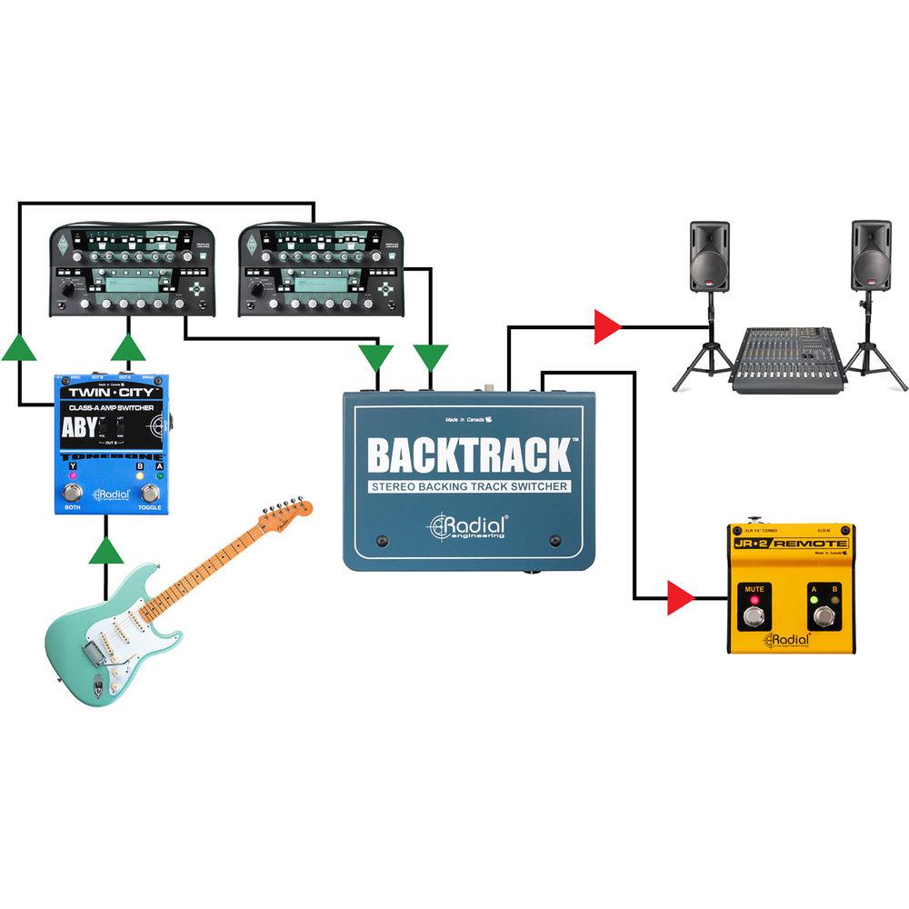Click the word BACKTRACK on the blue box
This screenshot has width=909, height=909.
[x=469, y=454]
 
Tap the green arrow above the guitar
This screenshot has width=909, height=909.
[x=107, y=551]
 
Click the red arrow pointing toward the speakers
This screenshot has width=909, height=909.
[x=606, y=326]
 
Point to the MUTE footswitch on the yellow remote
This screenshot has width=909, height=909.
[x=754, y=618]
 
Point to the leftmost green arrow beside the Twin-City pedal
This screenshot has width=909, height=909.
[x=19, y=348]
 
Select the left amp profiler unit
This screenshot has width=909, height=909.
[x=134, y=270]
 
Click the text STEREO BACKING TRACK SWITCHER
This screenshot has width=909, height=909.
[x=469, y=486]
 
